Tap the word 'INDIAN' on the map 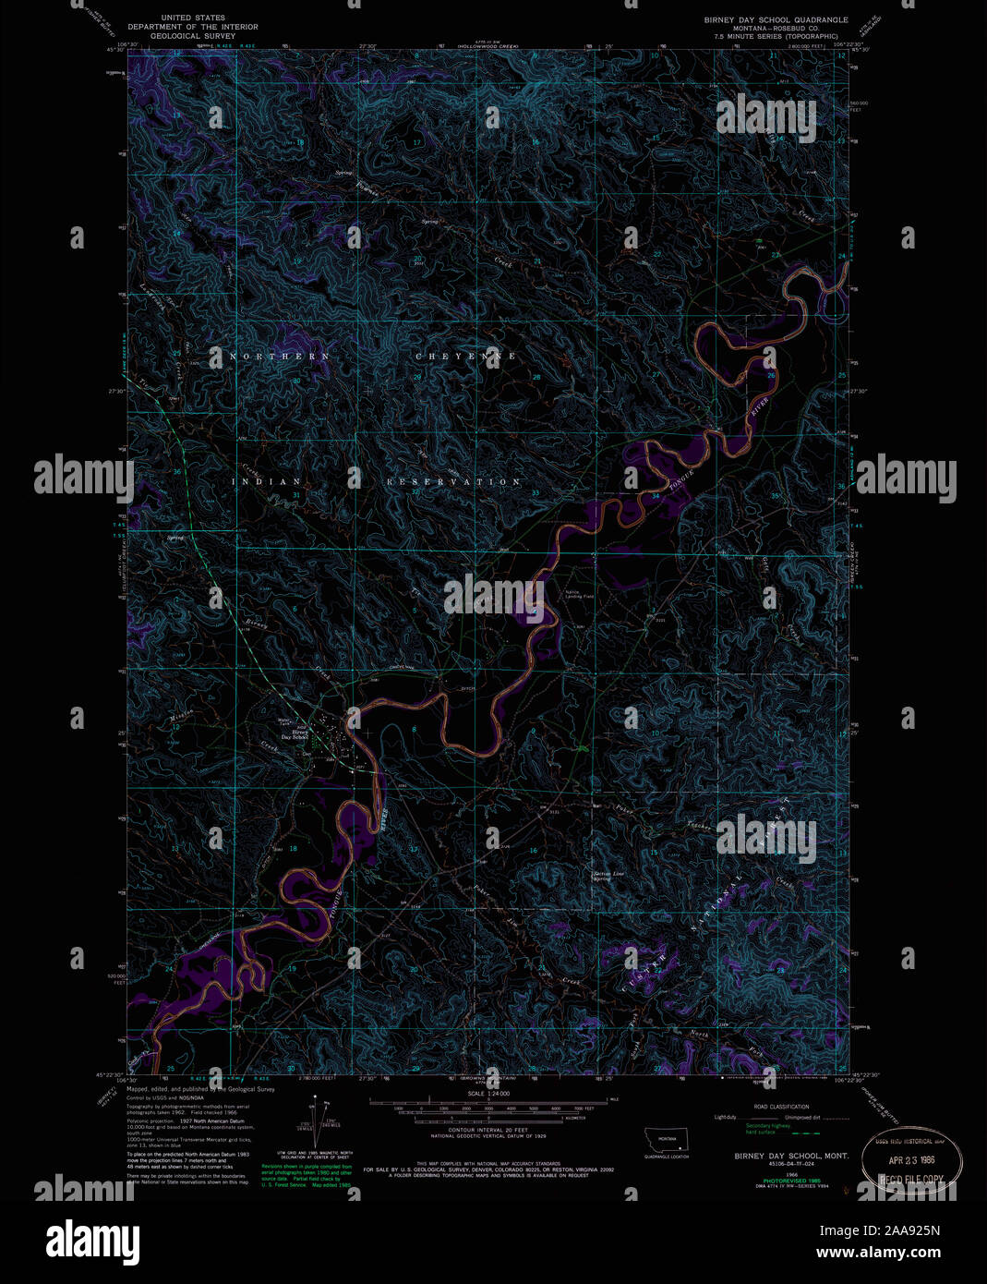click(272, 481)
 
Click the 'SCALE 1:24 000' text click(489, 1094)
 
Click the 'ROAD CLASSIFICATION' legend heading click(781, 1107)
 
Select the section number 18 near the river click(294, 847)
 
